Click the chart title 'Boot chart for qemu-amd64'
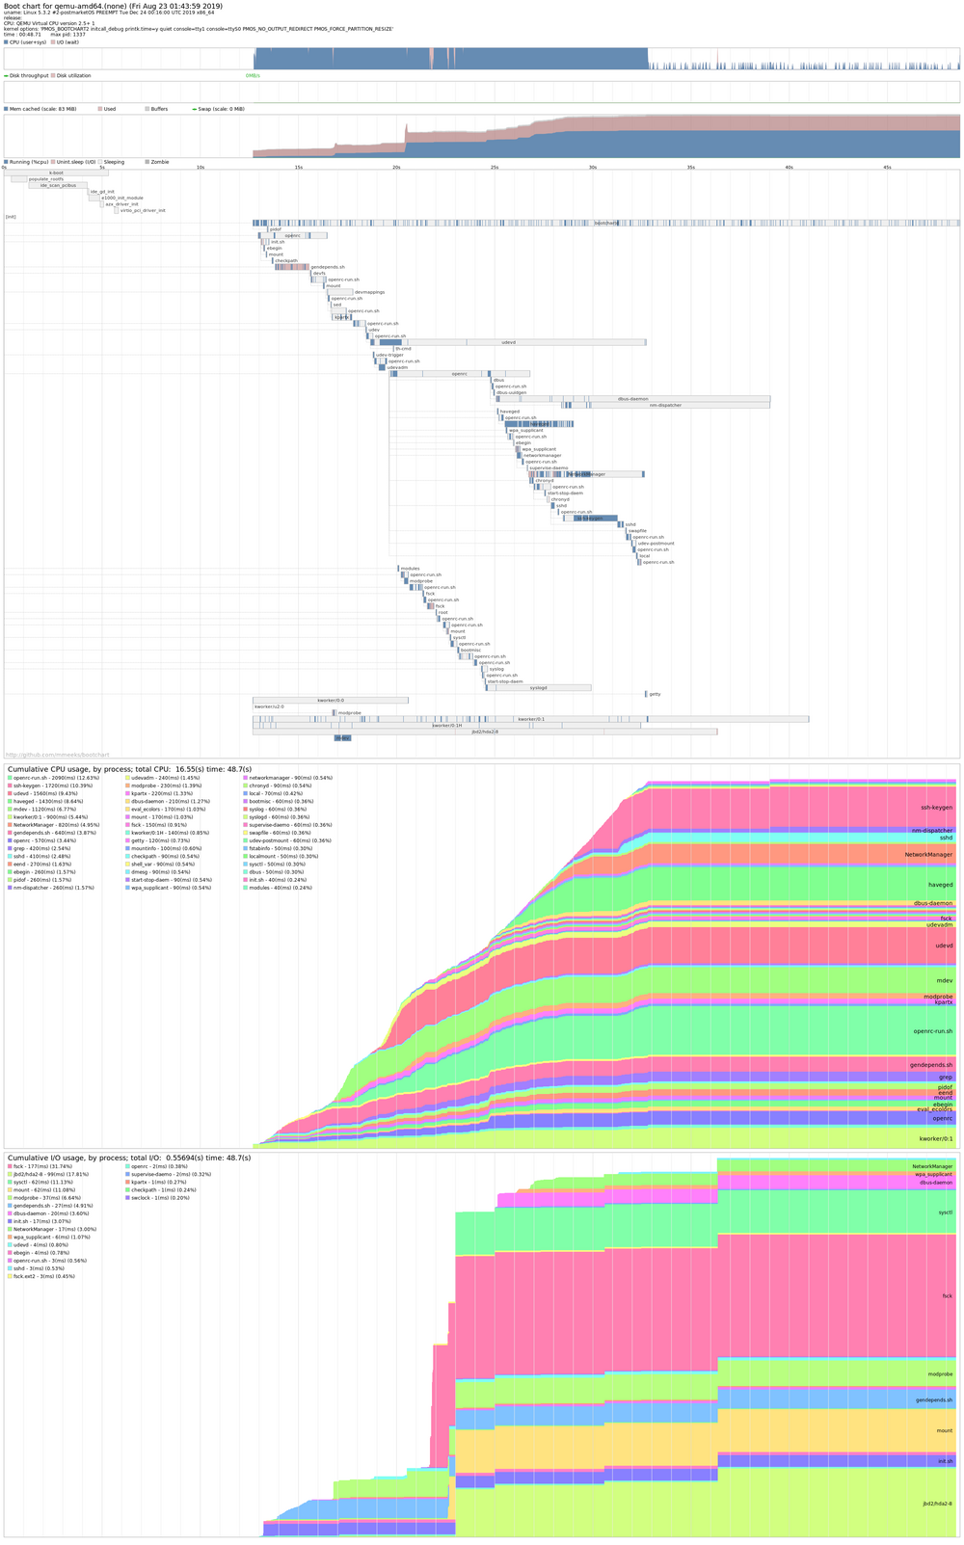click(113, 7)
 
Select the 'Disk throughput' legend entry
click(29, 75)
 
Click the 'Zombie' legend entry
click(160, 162)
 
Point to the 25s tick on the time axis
click(494, 168)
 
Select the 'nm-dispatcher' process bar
click(665, 405)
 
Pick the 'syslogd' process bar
click(540, 687)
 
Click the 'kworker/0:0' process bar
click(331, 701)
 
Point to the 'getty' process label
click(655, 694)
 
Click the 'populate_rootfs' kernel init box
click(46, 179)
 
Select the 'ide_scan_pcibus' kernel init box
click(57, 185)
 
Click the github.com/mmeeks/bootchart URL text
click(58, 755)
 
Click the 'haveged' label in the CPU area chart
click(939, 885)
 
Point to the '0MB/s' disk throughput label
click(253, 75)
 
